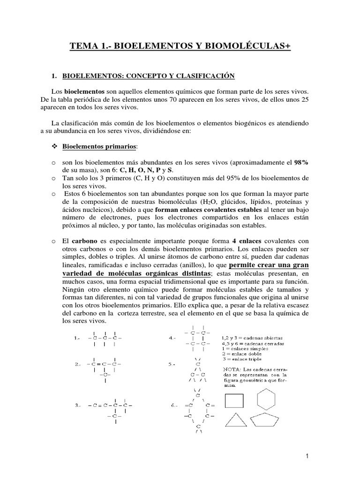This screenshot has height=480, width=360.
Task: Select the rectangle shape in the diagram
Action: [x=234, y=400]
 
